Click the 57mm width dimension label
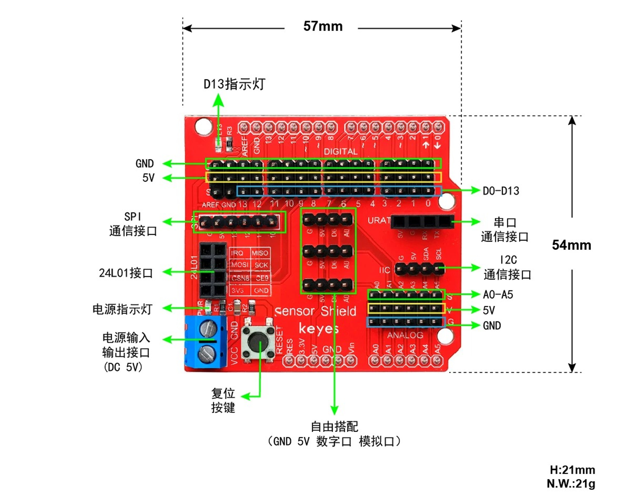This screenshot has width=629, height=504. (x=323, y=26)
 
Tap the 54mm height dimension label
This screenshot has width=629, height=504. (x=571, y=245)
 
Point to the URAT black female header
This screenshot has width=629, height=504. (x=422, y=222)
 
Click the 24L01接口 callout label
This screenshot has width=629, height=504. (x=126, y=273)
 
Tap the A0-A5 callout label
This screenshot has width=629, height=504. (x=498, y=295)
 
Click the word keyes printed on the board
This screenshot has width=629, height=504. (x=319, y=329)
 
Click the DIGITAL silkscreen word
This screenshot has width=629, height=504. (x=341, y=151)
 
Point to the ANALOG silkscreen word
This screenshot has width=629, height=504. (x=405, y=335)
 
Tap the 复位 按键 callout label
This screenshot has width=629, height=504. (x=223, y=400)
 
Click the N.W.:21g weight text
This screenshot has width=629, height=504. (x=571, y=484)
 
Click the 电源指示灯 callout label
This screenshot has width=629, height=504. (x=122, y=309)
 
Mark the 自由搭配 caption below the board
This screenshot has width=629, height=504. (x=334, y=427)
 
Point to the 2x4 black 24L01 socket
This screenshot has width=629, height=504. (x=213, y=270)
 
